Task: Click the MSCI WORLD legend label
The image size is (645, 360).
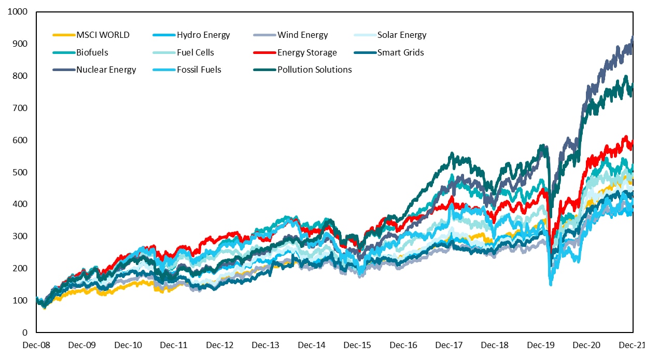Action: pyautogui.click(x=103, y=35)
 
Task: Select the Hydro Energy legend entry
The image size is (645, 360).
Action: pyautogui.click(x=203, y=35)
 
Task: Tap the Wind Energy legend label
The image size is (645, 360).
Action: pyautogui.click(x=303, y=35)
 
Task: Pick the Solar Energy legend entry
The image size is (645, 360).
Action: pyautogui.click(x=402, y=35)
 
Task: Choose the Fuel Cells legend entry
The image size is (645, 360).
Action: pyautogui.click(x=195, y=52)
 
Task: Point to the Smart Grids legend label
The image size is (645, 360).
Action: pyautogui.click(x=401, y=52)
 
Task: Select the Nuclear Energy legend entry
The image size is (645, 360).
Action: pyautogui.click(x=106, y=70)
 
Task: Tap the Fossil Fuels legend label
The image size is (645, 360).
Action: pyautogui.click(x=199, y=70)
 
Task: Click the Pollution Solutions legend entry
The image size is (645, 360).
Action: pyautogui.click(x=314, y=70)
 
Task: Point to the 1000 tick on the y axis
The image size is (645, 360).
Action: pyautogui.click(x=18, y=11)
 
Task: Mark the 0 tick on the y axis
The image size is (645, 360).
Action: pyautogui.click(x=25, y=333)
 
